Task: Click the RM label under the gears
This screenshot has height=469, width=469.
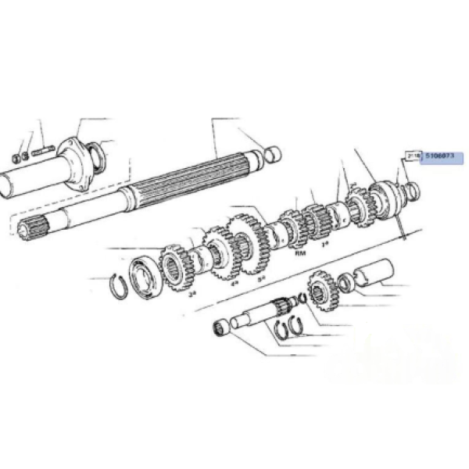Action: [x=299, y=254]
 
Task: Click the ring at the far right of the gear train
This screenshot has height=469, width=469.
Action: [x=412, y=188]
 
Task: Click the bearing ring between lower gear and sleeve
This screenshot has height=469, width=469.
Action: [x=344, y=281]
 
